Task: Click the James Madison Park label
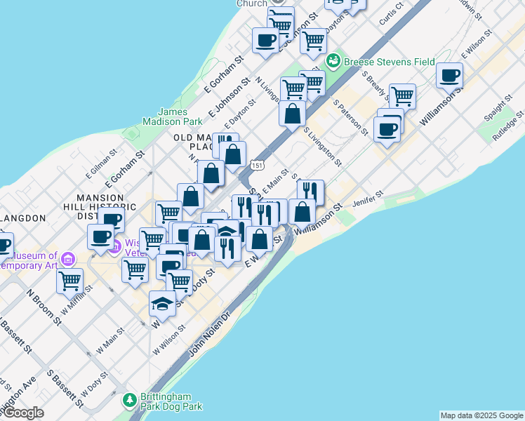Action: coord(180,116)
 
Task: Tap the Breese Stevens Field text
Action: coord(390,62)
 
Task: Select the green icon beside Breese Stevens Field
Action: coord(334,62)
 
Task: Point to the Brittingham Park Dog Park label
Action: coord(171,401)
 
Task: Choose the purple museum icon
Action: coord(68,259)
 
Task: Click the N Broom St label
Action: coord(42,305)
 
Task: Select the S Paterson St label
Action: coord(350,116)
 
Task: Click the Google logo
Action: coord(23,413)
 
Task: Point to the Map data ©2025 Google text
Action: coord(481,415)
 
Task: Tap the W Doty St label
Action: coord(94,383)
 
